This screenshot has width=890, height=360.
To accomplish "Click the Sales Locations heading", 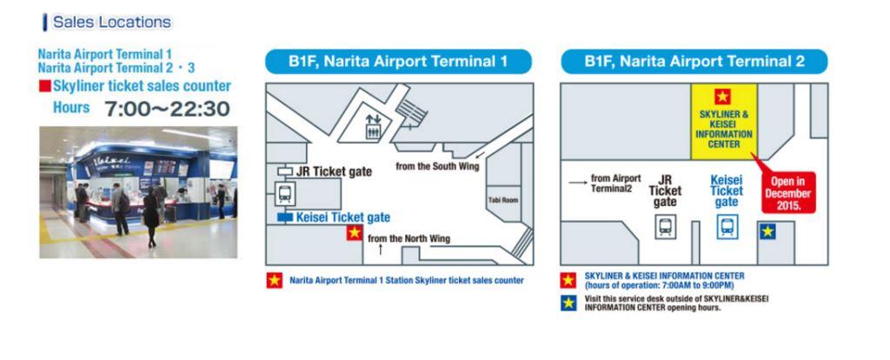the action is click(112, 22).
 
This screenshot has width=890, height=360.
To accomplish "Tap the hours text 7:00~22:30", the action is click(167, 109).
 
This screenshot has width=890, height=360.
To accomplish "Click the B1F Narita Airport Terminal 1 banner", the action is click(398, 62).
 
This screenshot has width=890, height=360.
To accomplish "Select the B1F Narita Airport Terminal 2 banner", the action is click(694, 62).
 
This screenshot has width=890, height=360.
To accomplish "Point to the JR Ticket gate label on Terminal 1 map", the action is click(334, 171).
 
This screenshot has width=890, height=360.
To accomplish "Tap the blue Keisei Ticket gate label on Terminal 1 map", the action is click(342, 217).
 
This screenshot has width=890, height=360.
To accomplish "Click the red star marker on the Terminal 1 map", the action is click(355, 232).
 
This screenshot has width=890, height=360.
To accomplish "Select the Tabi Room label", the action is click(503, 200).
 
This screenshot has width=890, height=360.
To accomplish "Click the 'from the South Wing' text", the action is click(437, 166).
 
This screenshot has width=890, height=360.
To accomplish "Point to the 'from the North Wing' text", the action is click(408, 238).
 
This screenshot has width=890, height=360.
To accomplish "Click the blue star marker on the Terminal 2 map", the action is click(767, 231).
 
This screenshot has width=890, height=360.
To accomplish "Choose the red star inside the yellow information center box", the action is click(722, 97).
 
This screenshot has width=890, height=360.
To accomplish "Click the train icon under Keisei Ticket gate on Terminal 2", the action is click(727, 227).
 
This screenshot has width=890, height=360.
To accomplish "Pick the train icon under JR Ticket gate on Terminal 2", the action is click(665, 227).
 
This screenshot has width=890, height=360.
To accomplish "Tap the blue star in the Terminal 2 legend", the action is click(568, 303).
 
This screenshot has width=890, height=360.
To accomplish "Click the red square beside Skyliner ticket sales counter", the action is click(45, 86).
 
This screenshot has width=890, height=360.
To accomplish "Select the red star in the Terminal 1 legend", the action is click(275, 281).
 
